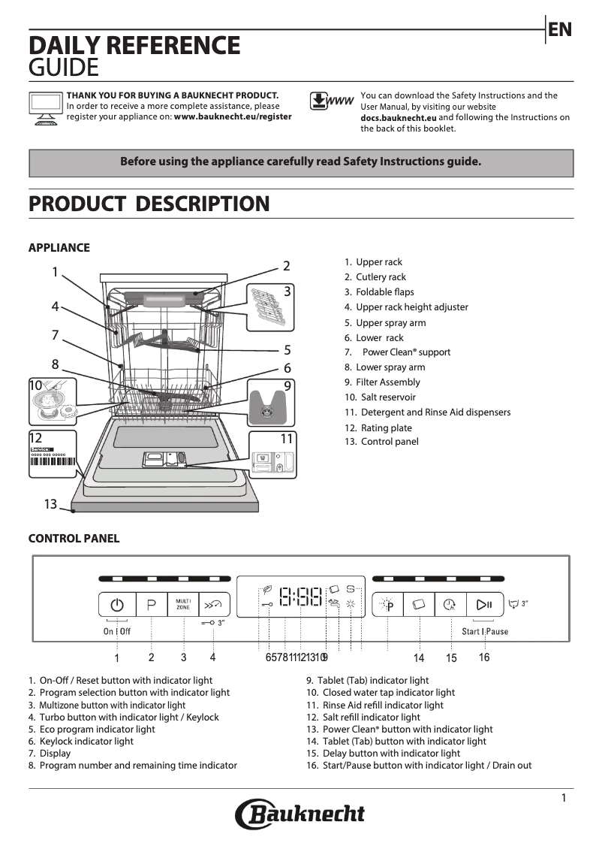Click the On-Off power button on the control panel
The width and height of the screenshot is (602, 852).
click(116, 605)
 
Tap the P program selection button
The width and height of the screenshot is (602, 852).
click(152, 605)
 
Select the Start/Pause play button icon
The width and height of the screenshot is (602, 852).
click(484, 604)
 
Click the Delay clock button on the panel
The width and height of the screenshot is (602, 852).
click(450, 604)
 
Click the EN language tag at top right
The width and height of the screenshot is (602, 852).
click(560, 30)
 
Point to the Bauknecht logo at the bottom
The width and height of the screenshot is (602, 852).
click(300, 814)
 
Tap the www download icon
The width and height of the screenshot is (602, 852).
click(331, 101)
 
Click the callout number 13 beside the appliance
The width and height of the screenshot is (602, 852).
click(50, 504)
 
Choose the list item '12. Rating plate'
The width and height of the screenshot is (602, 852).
click(378, 428)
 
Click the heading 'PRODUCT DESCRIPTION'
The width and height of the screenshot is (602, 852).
click(149, 204)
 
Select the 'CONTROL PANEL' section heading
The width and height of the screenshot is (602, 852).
click(74, 538)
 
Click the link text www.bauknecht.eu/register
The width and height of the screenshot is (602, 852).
click(233, 117)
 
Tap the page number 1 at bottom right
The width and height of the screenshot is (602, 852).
click(564, 798)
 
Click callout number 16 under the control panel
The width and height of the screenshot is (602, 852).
click(484, 657)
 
